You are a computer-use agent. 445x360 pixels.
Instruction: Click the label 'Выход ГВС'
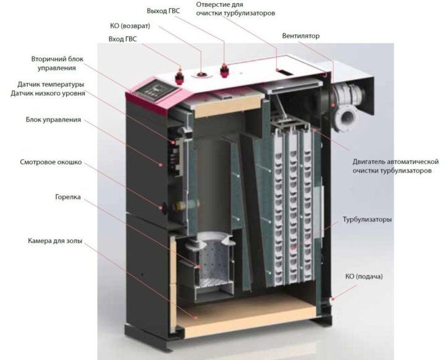tap(163, 11)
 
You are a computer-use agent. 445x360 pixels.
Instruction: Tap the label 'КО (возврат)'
tap(130, 26)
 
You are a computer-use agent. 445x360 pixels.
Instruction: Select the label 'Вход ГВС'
tap(122, 39)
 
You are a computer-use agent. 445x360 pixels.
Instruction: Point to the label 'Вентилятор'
tap(300, 36)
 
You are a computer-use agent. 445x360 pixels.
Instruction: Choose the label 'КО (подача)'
tap(364, 276)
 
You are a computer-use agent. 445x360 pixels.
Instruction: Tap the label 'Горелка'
tap(68, 197)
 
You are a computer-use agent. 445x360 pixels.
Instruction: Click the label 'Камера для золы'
tap(55, 241)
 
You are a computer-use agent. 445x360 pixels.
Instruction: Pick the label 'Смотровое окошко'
tap(51, 162)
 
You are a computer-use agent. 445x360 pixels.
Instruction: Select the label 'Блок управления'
tap(53, 119)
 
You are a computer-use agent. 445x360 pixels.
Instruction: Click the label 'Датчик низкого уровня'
tap(48, 93)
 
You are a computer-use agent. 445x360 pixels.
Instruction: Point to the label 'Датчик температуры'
tap(51, 84)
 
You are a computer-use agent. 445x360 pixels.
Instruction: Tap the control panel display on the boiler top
tap(156, 90)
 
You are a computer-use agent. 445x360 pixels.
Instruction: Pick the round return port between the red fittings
tap(201, 74)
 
